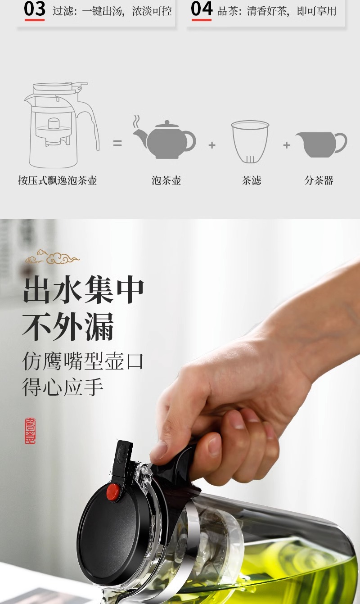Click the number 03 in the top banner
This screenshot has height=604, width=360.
35,9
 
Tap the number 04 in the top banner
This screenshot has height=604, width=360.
201,9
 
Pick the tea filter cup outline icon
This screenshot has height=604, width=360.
250,142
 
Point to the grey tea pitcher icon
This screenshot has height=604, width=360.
321,144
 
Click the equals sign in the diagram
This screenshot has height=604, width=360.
117,144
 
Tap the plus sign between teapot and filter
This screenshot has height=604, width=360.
212,145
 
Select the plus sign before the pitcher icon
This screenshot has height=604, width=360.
287,145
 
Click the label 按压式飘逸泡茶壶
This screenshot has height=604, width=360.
57,181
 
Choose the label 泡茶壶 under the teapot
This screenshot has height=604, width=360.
166,181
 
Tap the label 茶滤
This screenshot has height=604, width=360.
251,181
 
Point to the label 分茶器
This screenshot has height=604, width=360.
319,181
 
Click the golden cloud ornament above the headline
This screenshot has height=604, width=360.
52,258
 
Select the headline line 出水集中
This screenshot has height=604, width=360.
83,291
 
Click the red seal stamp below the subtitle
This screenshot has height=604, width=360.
30,431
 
